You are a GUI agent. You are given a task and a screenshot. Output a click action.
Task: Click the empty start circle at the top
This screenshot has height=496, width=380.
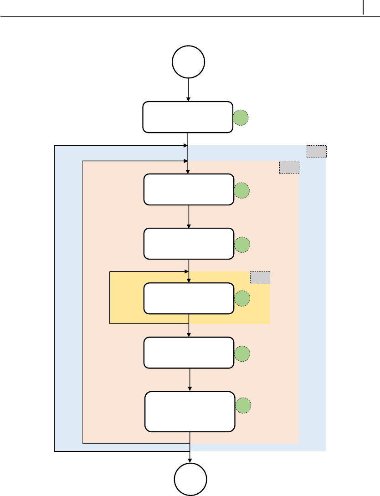coord(188,62)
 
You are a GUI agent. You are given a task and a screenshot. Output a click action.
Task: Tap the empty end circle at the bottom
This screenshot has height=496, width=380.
coord(191,479)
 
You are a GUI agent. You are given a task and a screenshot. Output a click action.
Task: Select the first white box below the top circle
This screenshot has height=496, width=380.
coord(188,117)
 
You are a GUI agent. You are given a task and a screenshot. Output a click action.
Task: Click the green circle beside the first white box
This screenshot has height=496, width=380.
coord(241,118)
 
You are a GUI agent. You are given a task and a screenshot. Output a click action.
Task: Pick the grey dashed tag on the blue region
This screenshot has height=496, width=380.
coord(316,152)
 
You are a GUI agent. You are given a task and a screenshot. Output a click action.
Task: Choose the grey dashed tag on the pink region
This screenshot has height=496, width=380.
coord(289,167)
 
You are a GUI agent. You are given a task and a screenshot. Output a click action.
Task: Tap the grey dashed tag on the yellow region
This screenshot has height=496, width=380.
coord(260,277)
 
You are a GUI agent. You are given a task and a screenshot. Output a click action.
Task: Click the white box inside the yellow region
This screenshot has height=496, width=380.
coord(189,298)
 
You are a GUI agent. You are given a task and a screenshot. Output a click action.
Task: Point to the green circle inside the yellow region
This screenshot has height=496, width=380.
coord(242,299)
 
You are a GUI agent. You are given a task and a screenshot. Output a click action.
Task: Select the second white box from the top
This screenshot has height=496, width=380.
coord(189,189)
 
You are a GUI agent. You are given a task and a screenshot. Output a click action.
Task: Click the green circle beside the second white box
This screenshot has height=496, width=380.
coord(242,191)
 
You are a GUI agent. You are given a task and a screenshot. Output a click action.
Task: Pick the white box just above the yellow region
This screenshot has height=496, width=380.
coord(189,244)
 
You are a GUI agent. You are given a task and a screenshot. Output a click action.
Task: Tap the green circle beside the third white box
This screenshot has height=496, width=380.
coord(242,245)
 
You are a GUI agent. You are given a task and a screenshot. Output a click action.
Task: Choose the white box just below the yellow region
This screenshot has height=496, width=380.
coord(189,353)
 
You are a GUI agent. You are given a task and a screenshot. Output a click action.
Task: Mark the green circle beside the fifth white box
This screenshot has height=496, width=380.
coord(242,353)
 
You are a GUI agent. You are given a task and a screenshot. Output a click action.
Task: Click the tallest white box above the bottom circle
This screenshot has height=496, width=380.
coord(190,411)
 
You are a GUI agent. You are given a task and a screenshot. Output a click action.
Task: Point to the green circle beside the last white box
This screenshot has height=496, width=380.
coord(243,405)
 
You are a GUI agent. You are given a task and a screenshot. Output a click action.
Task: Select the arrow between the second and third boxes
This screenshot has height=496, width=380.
coord(189,217)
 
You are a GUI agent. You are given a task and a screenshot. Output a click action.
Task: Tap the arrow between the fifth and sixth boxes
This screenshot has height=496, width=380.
coord(189,379)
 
